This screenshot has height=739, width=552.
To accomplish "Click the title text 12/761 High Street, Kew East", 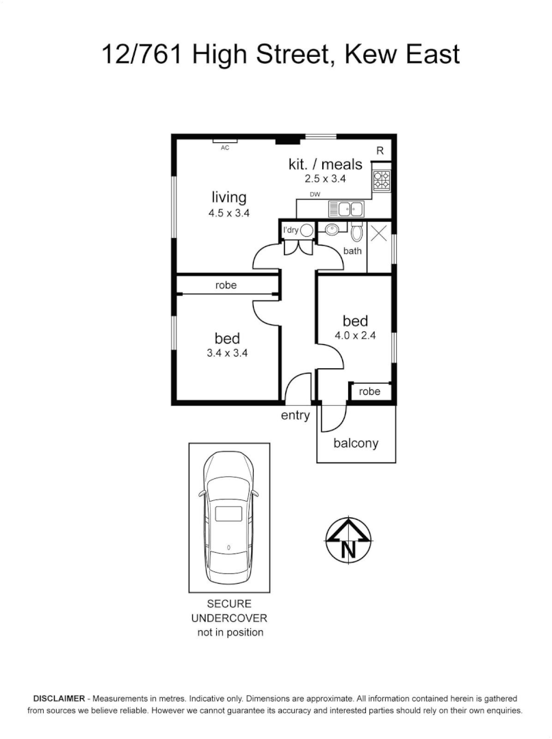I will click(280, 53).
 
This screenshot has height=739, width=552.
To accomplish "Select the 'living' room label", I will click(228, 198).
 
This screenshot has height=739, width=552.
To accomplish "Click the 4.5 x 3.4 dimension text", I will click(228, 213).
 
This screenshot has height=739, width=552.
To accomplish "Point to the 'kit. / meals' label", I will click(325, 164).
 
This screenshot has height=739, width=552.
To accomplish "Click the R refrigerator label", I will click(380, 151).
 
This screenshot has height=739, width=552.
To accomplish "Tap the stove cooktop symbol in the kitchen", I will click(381, 180).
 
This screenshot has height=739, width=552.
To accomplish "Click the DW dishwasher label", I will click(315, 195).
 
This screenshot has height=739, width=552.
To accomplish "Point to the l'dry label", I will click(290, 230).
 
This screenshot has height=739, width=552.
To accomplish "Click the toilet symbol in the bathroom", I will click(356, 234).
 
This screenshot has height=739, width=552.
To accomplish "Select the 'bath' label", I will click(353, 251).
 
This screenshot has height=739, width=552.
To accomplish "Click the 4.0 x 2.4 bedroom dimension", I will click(355, 336).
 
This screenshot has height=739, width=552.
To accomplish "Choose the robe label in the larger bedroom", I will click(226, 285).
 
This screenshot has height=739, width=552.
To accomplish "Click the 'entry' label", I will click(295, 415).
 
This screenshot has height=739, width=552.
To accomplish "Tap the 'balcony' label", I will click(356, 443).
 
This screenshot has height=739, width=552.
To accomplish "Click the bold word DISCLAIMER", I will click(59, 699).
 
